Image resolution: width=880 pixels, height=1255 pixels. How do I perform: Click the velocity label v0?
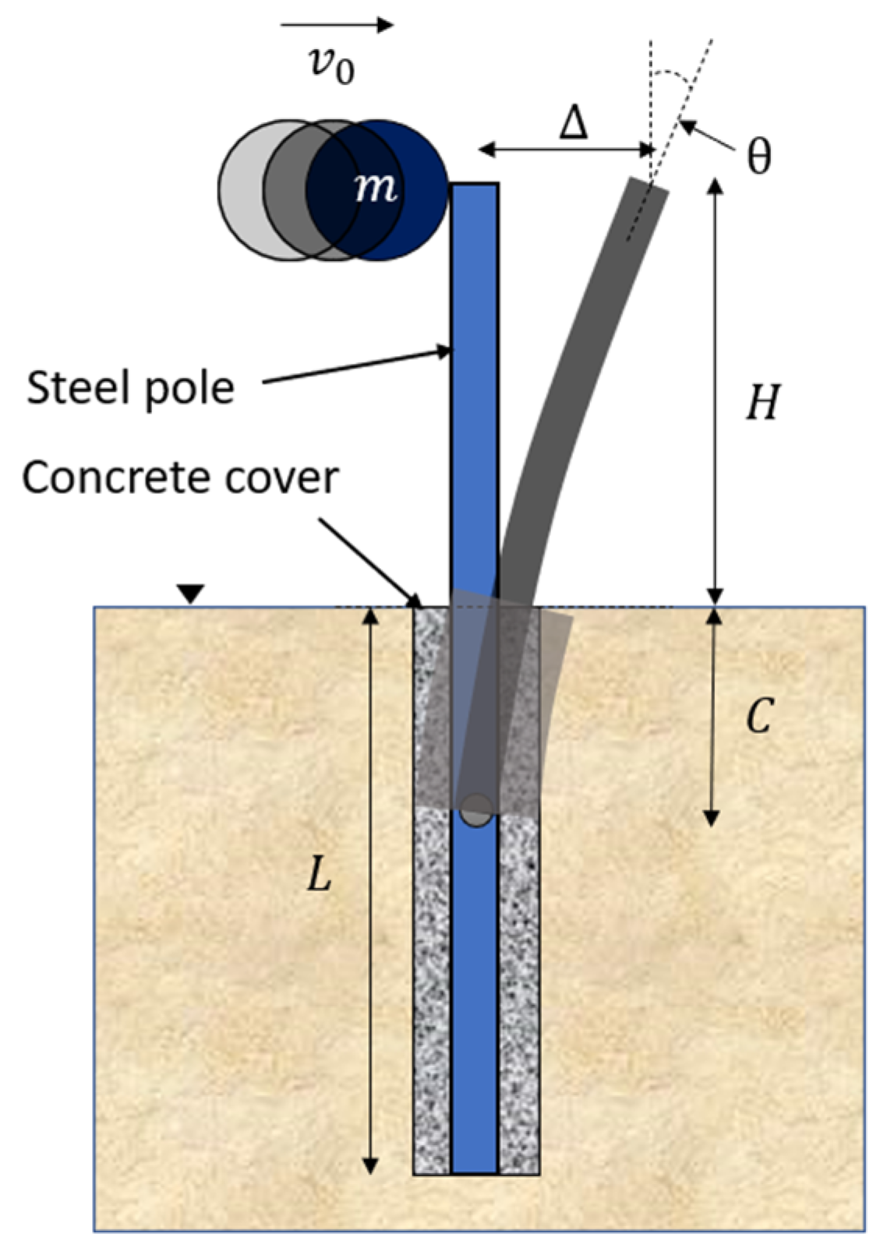(331, 65)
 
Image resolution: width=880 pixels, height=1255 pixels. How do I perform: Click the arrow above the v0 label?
(337, 25)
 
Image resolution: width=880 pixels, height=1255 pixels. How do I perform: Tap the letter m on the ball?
(375, 188)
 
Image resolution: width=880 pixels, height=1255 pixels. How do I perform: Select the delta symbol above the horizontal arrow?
(574, 123)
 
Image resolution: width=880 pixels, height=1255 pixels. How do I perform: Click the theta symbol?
(758, 156)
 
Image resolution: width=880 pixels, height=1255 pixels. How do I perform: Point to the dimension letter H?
(761, 404)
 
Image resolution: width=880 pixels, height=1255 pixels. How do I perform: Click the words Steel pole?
(130, 387)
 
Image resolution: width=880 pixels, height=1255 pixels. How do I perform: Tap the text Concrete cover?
(180, 477)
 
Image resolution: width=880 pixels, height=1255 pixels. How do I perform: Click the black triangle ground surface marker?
(190, 594)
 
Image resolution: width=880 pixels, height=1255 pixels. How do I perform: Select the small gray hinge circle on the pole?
(475, 810)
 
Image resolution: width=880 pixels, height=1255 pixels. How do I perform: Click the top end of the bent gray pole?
(649, 187)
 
